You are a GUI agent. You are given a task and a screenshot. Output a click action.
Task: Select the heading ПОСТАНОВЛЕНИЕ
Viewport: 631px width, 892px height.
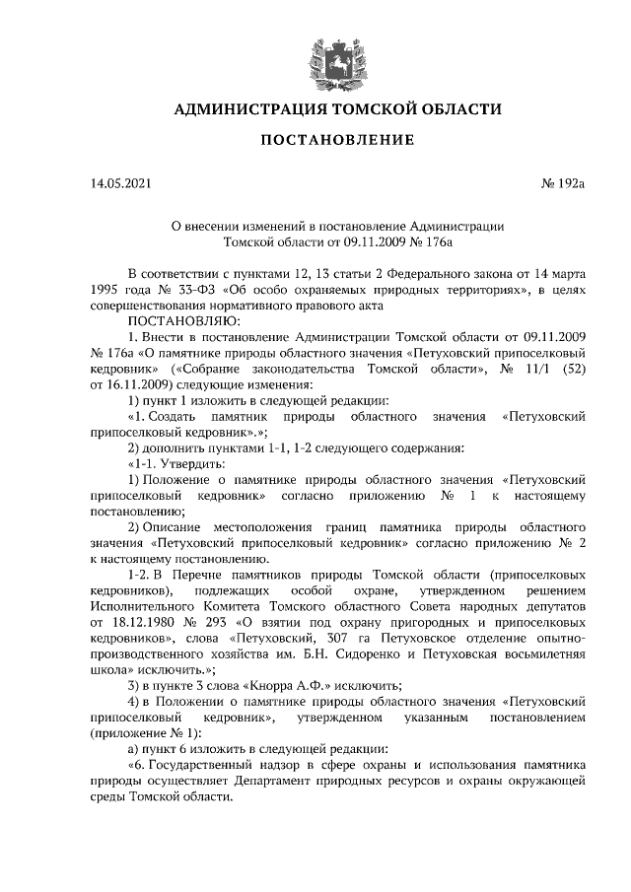315,141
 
